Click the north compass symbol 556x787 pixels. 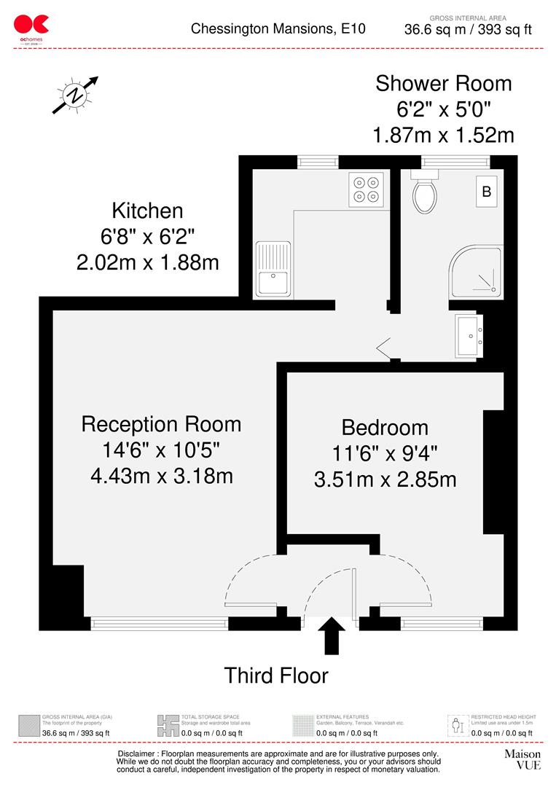tap(75, 95)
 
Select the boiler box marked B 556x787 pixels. tap(486, 192)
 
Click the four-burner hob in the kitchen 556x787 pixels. tap(366, 188)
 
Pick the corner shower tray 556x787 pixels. tap(476, 270)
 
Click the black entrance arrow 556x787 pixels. tap(332, 635)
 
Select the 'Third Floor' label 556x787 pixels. tap(276, 676)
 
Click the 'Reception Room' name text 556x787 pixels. tap(161, 423)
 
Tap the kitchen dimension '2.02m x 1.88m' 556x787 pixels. tap(147, 262)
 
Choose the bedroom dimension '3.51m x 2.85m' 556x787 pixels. tap(385, 479)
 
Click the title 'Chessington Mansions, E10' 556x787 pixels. tap(278, 29)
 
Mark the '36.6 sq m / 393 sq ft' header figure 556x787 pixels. tap(468, 30)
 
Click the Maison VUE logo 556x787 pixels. tap(522, 759)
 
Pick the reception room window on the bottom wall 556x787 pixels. tap(160, 623)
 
